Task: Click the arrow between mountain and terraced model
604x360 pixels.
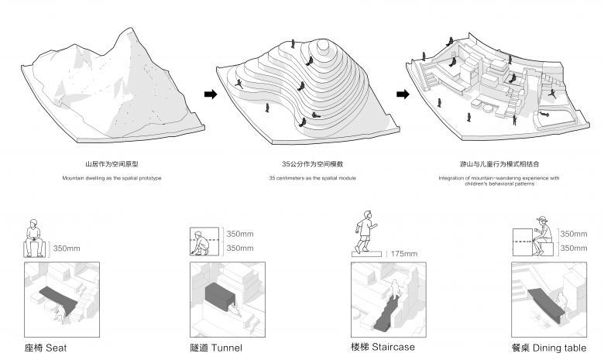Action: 209,94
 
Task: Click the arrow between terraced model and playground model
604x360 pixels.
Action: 403,94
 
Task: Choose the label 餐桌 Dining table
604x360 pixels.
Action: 548,348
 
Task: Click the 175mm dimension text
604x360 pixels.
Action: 403,254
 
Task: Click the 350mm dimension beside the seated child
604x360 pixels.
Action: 66,249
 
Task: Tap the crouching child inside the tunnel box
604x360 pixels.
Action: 203,245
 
